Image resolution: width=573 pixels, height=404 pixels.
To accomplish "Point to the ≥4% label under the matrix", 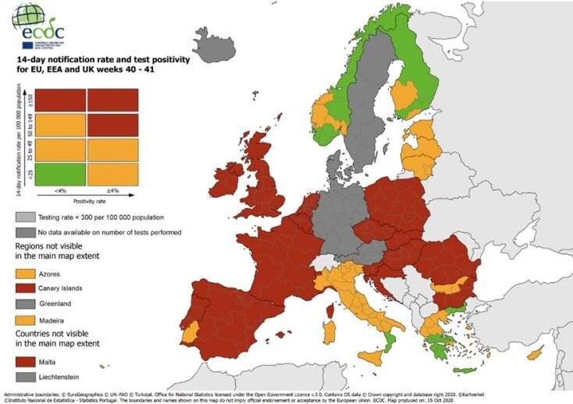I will tap(112, 190).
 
